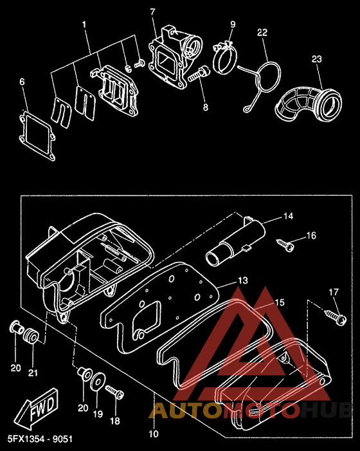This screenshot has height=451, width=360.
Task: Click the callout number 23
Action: pos(317,59)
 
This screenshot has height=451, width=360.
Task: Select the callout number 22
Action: pos(262,33)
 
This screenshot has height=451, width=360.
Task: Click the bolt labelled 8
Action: pos(199,73)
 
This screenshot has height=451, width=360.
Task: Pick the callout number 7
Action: pos(152,12)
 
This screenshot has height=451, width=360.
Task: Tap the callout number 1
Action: pos(84,24)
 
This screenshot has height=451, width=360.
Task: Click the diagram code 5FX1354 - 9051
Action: pos(40,439)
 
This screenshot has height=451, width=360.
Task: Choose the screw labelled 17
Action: pos(336,317)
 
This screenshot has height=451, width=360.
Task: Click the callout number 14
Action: pos(289,216)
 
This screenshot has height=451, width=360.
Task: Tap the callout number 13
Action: pos(243,280)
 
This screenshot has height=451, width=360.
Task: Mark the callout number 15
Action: pos(280,302)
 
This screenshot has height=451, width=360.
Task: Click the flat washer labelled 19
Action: pos(98,382)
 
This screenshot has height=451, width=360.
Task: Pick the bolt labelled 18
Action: pos(114,392)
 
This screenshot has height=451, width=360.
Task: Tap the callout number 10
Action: pos(154,434)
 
